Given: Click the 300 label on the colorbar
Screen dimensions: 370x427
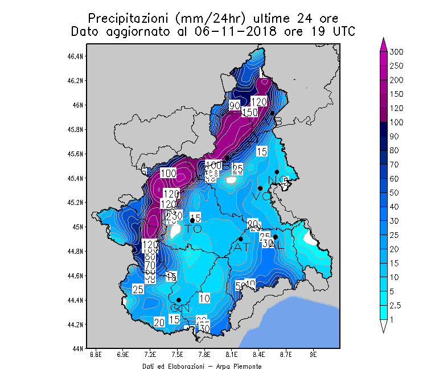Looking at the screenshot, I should [x=396, y=52].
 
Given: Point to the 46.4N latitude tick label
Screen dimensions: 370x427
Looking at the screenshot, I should [x=76, y=56].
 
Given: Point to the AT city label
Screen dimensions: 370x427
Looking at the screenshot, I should [x=241, y=248].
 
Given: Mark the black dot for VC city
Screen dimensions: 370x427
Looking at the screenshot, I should [x=260, y=188].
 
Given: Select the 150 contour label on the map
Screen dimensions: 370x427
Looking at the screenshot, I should [x=249, y=112].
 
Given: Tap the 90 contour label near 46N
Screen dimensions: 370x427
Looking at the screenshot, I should [x=234, y=106].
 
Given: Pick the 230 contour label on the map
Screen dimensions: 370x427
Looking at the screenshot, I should [x=174, y=216].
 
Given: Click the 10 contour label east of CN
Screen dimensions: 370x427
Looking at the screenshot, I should [x=204, y=298].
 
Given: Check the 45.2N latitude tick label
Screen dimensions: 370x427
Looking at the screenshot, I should [x=76, y=202].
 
